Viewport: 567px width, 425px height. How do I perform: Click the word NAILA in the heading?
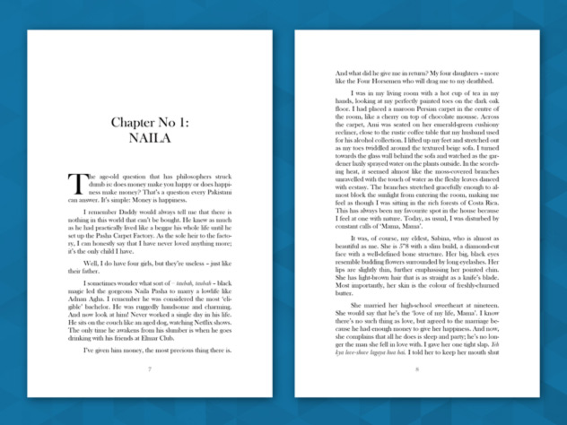(x=149, y=139)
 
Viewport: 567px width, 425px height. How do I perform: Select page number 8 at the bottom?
(x=417, y=369)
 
